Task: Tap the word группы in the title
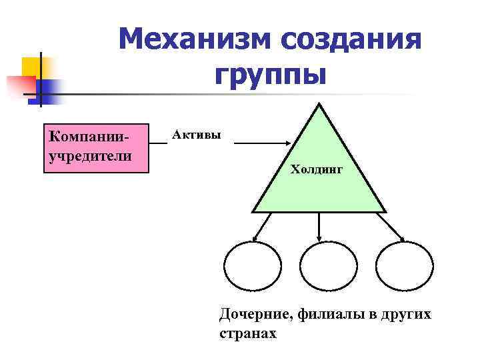pos(271,75)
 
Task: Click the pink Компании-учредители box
pos(95,148)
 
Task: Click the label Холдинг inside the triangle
pos(317,170)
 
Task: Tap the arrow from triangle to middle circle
pos(320,227)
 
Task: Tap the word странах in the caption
pos(247,333)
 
